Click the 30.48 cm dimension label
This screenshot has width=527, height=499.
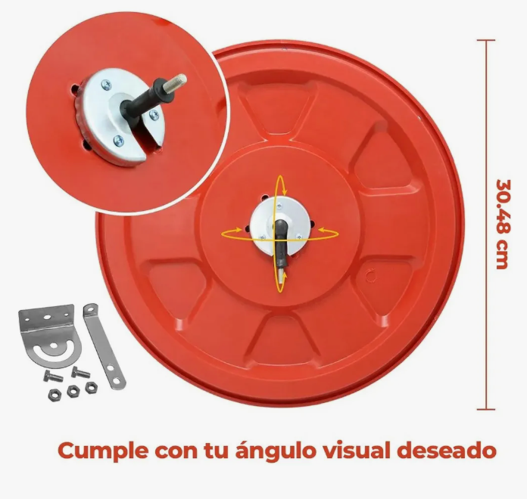pyautogui.click(x=502, y=224)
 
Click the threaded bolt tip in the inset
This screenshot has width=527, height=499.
pyautogui.click(x=180, y=79)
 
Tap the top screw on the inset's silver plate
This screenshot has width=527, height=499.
pyautogui.click(x=106, y=85)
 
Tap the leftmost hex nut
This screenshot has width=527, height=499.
pyautogui.click(x=55, y=395)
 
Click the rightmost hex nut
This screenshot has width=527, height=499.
pyautogui.click(x=91, y=387)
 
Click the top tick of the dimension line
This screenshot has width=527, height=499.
pyautogui.click(x=486, y=40)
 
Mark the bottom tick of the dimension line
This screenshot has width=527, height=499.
pyautogui.click(x=486, y=409)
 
